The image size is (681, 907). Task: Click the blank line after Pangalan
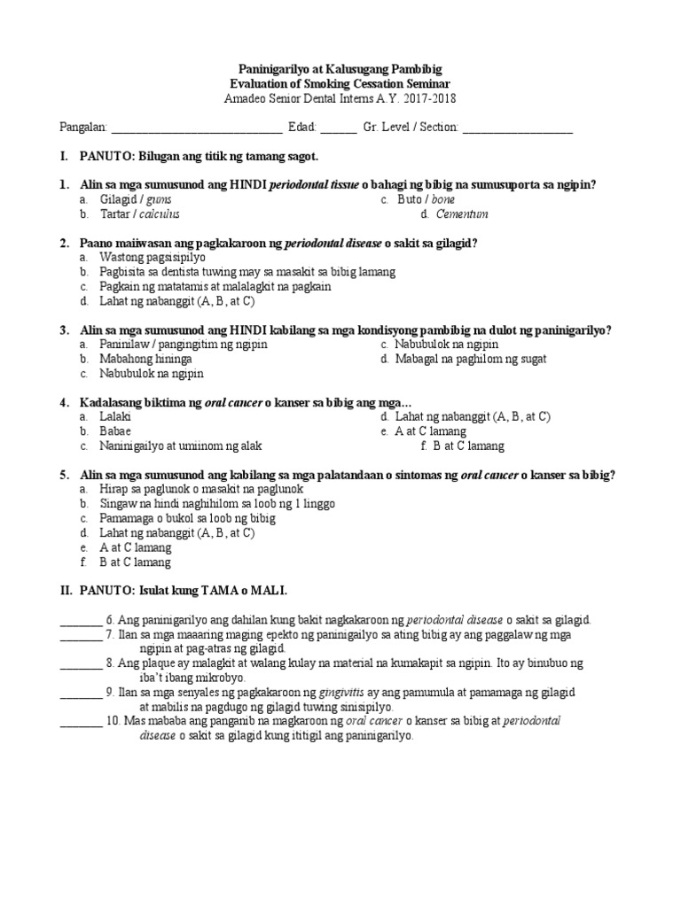point(196,128)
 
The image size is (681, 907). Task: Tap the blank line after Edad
point(338,128)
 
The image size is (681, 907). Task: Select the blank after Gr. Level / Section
point(517,128)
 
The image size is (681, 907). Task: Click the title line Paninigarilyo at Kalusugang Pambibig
point(341,69)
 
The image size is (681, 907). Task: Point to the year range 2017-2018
point(433,98)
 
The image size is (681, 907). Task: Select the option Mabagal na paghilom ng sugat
point(470,359)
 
